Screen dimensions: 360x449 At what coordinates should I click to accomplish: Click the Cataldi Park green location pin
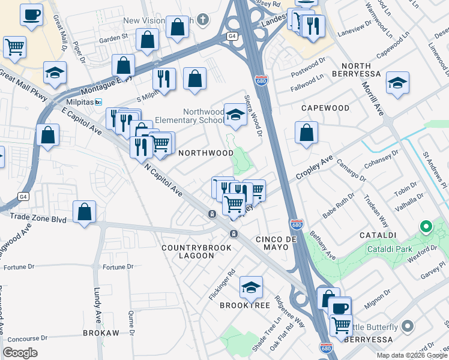tap(426, 227)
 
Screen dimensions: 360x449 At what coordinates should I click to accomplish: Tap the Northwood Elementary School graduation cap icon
tap(235, 115)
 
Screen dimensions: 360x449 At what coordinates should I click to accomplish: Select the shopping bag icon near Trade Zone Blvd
tap(85, 211)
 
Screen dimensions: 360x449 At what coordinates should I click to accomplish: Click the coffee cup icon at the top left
tap(31, 14)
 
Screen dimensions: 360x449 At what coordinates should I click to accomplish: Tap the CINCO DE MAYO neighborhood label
tap(277, 239)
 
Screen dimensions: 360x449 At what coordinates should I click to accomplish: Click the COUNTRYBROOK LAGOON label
tap(188, 251)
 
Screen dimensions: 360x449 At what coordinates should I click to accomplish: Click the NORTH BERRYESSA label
tap(361, 69)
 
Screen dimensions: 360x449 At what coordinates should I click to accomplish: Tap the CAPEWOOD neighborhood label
tap(325, 108)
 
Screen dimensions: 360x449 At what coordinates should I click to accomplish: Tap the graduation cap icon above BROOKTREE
tap(251, 287)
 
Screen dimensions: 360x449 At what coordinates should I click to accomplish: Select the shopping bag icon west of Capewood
tap(307, 133)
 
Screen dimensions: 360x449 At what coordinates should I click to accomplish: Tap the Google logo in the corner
tap(20, 353)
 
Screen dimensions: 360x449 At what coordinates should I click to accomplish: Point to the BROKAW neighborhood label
tap(101, 332)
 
